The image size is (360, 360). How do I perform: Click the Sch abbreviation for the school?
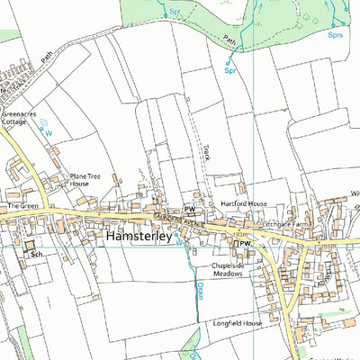(37, 256)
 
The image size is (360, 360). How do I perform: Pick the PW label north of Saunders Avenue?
(190, 209)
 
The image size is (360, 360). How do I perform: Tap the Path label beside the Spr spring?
(230, 40)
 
